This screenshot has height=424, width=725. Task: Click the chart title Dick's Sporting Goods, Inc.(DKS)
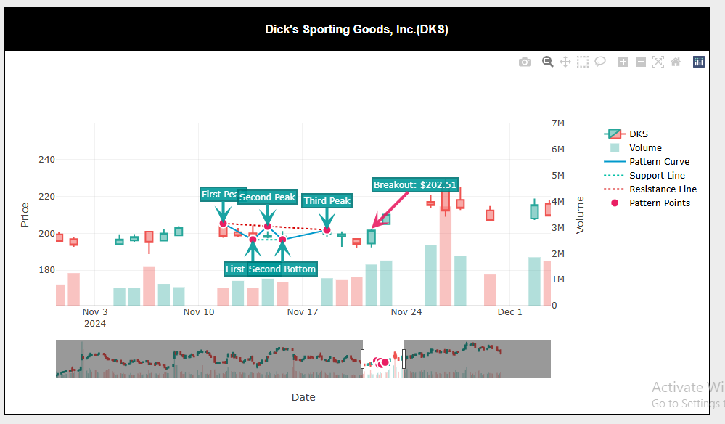coord(356,30)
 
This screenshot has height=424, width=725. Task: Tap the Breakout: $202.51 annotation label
coord(415,185)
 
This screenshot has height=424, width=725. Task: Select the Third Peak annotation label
coord(327,201)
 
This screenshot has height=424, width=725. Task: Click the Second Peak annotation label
coord(267,197)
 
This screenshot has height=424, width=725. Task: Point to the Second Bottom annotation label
coord(282,269)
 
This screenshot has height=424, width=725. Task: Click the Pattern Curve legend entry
coord(659,162)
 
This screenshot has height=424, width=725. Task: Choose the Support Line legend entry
coord(657,176)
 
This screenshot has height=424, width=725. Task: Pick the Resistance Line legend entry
coord(663,189)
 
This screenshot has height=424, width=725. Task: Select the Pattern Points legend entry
coord(659,203)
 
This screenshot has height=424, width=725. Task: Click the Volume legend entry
coord(645,148)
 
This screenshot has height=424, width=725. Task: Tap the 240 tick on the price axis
coord(46,160)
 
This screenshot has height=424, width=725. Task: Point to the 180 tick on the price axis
coord(46,270)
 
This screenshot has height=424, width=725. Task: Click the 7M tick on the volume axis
coord(558,123)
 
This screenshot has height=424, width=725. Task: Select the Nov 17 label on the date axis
coord(303,313)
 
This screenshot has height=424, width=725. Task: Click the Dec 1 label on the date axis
coord(509,313)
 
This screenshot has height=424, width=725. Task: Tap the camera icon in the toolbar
coord(525,62)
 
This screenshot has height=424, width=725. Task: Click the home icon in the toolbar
coord(676,62)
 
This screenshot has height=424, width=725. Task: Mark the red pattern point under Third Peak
coord(327,230)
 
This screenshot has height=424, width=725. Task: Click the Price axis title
coord(25,214)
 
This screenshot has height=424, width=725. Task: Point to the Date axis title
coord(303,397)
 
